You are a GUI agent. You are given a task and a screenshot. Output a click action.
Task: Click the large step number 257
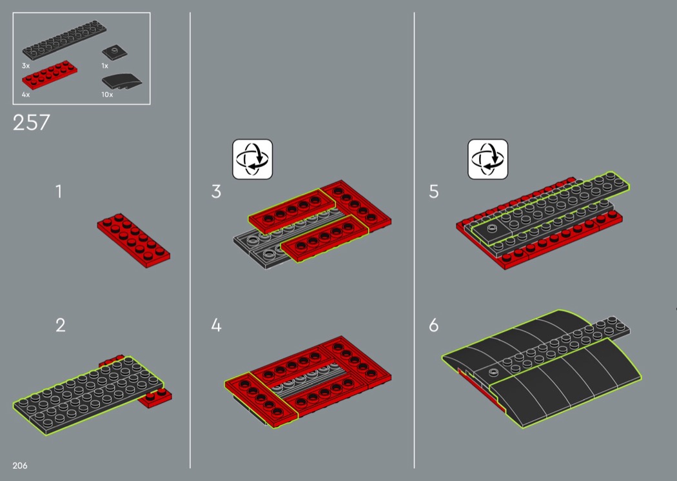(x=32, y=123)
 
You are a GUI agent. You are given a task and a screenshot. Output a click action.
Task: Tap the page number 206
(x=20, y=466)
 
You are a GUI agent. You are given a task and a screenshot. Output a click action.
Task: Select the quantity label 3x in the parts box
(x=26, y=66)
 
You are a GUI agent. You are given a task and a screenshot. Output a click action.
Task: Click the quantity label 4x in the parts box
(x=26, y=94)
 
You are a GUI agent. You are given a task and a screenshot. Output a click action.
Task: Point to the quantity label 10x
(x=107, y=94)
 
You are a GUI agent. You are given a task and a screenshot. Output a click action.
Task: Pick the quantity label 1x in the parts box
(x=105, y=66)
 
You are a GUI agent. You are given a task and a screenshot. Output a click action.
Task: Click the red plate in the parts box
(x=50, y=75)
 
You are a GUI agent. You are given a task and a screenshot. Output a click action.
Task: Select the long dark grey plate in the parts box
(x=64, y=40)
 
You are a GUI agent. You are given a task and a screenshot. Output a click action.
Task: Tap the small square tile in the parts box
(x=114, y=52)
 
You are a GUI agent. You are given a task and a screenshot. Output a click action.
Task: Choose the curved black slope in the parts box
(x=122, y=82)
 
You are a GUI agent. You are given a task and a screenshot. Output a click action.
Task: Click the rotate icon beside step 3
(x=253, y=159)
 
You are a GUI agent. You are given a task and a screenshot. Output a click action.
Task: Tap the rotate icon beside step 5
(x=488, y=159)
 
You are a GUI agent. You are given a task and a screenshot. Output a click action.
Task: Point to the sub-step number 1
(x=59, y=191)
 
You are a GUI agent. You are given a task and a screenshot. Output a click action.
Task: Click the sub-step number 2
(x=61, y=325)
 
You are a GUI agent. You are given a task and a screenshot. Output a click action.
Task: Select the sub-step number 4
(x=216, y=325)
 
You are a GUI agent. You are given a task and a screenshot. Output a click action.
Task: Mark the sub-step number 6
(x=434, y=325)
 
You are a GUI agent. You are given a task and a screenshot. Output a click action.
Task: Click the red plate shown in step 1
(x=133, y=240)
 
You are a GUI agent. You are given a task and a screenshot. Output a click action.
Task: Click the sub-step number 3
(x=216, y=191)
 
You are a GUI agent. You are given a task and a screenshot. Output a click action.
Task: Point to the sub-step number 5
(x=434, y=191)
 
